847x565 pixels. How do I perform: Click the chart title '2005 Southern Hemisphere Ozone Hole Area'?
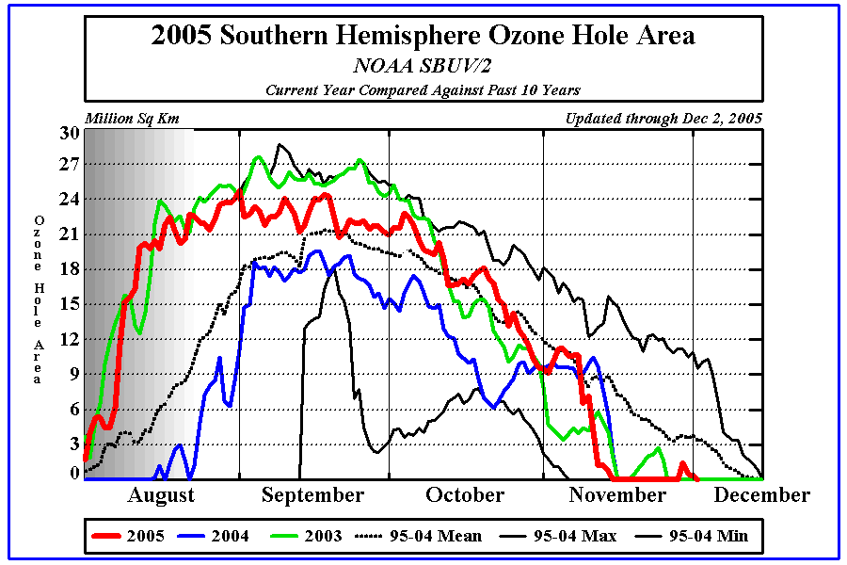(x=423, y=37)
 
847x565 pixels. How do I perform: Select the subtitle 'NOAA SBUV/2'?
(x=423, y=66)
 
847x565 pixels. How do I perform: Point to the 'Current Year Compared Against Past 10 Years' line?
(x=423, y=90)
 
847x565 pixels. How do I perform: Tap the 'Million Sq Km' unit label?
(x=132, y=119)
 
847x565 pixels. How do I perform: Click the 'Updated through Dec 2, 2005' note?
(x=663, y=119)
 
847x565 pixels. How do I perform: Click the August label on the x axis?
(x=160, y=495)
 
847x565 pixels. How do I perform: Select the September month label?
(x=312, y=495)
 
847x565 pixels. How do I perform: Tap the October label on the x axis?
(x=465, y=495)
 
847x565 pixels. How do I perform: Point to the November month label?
(x=615, y=495)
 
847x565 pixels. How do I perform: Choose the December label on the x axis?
(x=760, y=495)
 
